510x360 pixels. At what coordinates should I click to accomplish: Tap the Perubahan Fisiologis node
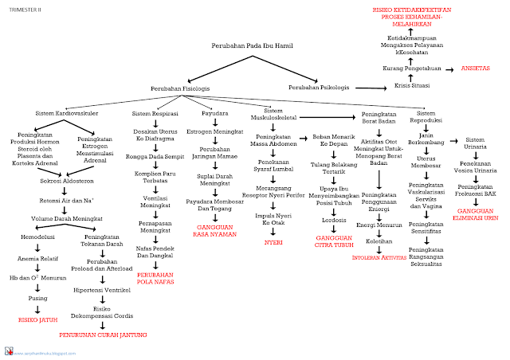(180, 88)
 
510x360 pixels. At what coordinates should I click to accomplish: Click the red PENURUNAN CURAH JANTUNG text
(104, 335)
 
